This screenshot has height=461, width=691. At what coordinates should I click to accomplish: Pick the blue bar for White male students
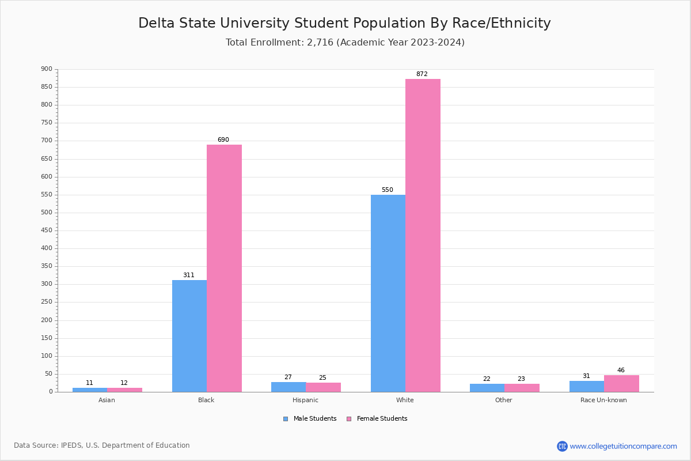tap(388, 293)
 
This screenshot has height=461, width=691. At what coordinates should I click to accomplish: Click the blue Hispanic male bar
tap(288, 387)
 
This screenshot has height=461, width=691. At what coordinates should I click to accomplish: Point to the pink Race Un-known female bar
tap(621, 383)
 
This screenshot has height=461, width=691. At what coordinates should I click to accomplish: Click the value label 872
tap(422, 74)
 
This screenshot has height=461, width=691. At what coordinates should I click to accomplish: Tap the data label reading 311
tap(189, 275)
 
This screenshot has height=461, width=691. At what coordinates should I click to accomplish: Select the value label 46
tap(621, 371)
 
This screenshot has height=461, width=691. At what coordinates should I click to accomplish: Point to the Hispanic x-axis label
tap(305, 400)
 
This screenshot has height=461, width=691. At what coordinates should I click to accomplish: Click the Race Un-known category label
tap(603, 400)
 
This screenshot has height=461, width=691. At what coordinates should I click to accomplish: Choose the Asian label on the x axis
tap(107, 400)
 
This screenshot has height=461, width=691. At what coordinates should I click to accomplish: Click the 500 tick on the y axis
tap(47, 213)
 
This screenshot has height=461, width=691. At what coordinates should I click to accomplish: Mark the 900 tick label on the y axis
tap(47, 69)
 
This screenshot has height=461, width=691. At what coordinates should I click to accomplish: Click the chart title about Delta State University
tap(344, 24)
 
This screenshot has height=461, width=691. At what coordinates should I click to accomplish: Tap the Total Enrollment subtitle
tap(345, 43)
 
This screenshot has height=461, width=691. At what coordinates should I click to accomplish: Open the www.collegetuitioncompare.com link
tap(623, 446)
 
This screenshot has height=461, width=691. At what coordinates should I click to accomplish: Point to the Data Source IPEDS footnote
tap(102, 445)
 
